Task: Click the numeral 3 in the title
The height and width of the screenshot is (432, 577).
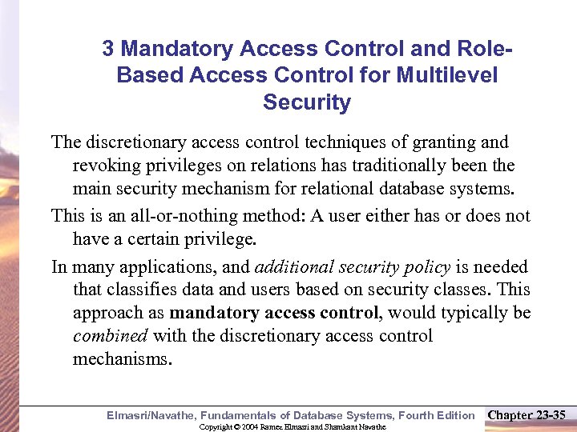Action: (108, 49)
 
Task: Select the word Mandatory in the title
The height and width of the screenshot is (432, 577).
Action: (167, 49)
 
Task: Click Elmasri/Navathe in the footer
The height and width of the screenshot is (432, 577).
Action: (151, 414)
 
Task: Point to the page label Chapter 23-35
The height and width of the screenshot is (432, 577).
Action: (527, 414)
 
